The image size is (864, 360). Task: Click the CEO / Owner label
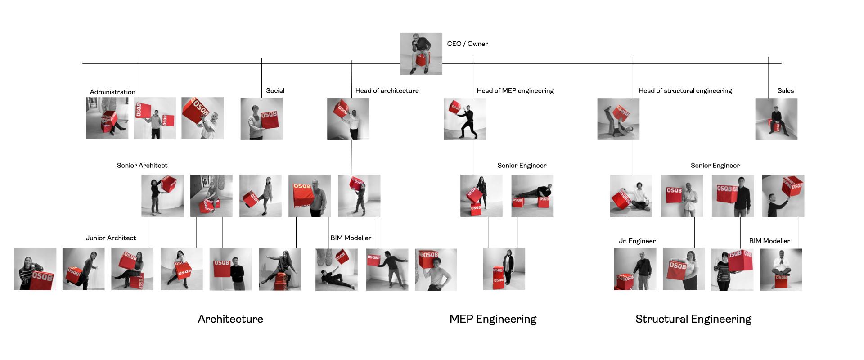tap(467, 44)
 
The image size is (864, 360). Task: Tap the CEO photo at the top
tap(421, 54)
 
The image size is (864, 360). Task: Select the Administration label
tap(112, 92)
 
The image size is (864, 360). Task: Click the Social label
tap(275, 90)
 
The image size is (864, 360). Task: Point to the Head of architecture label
tap(387, 90)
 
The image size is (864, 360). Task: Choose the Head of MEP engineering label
tap(515, 90)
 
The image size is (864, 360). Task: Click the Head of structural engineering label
tap(685, 90)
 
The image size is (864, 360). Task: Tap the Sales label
tap(785, 90)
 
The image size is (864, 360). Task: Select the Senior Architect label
tap(142, 165)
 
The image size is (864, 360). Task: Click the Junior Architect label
tap(111, 238)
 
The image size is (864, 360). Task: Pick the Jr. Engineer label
tap(637, 241)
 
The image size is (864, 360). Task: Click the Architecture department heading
tap(230, 319)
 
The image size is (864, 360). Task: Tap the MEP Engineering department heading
tap(493, 319)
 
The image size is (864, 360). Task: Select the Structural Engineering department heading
tap(693, 319)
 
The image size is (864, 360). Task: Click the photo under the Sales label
tap(776, 119)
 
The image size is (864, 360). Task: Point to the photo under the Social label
tap(261, 119)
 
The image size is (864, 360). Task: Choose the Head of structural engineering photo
tap(618, 119)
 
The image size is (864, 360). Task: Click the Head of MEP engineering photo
tap(465, 119)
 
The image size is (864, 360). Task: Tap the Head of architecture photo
tap(348, 119)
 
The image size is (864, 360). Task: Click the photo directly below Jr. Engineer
tap(635, 269)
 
